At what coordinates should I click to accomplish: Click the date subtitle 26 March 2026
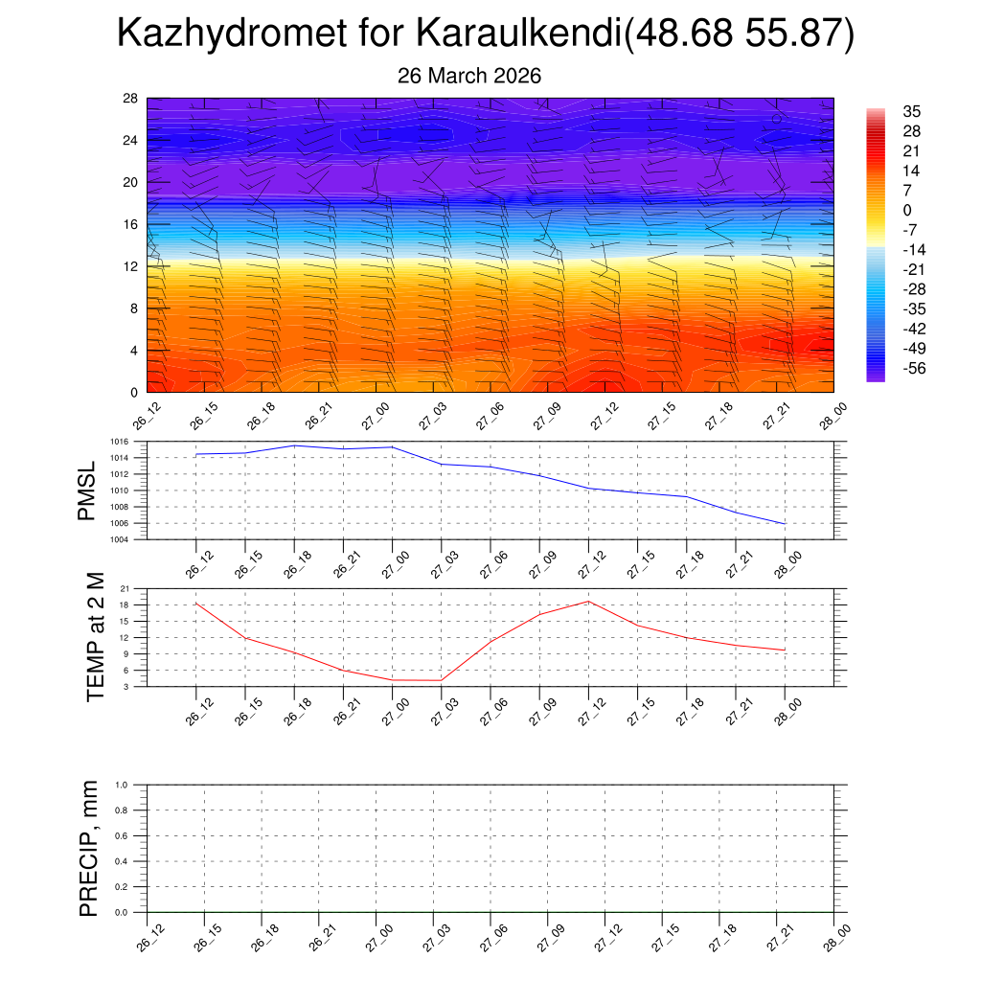click(x=469, y=76)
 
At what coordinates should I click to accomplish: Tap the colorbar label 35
click(x=911, y=112)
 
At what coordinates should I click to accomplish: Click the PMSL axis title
click(x=87, y=490)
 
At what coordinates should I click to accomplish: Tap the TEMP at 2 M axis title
click(x=95, y=636)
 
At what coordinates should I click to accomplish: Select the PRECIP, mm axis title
click(x=89, y=848)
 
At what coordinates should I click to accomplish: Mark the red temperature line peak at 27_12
click(x=588, y=602)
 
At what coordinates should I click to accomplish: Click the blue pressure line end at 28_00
click(x=785, y=524)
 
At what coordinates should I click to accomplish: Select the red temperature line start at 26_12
click(x=196, y=604)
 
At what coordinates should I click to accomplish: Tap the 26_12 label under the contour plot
click(x=144, y=418)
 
